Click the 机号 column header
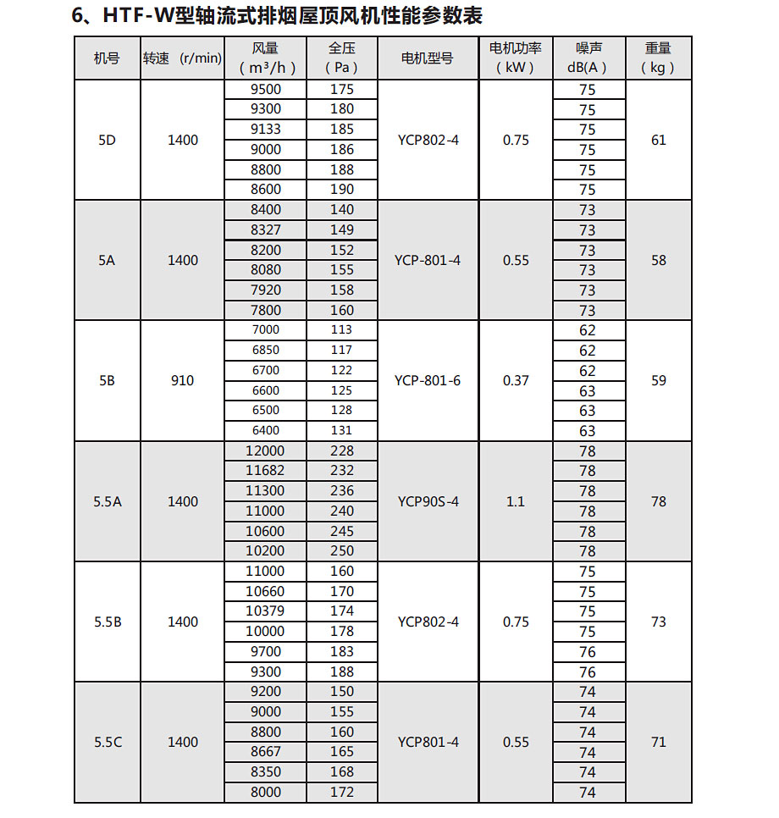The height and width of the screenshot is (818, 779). pos(107,58)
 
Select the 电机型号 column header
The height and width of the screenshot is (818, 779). pos(428,58)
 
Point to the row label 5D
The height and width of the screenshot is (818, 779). pos(107,141)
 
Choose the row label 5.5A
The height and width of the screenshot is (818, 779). pos(108,501)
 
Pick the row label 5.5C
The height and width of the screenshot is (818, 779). pos(108,742)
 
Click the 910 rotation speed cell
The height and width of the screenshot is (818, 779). pos(182,380)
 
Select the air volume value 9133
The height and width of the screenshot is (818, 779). pos(265,130)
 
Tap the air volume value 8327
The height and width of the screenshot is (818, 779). pos(265,229)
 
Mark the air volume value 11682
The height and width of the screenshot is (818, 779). pos(265,471)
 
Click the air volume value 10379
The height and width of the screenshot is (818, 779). pos(265,611)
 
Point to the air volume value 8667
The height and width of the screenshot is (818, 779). pos(265,752)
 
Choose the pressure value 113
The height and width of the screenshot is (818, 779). pos(341,329)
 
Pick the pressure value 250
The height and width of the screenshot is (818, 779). pos(341,551)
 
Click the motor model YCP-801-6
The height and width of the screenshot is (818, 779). pos(428,380)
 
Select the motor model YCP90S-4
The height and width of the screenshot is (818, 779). pos(428,501)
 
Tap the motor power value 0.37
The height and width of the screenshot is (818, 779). pos(516,380)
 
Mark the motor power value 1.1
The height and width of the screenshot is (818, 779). pos(516,501)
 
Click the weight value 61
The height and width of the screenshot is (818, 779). pos(659,141)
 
